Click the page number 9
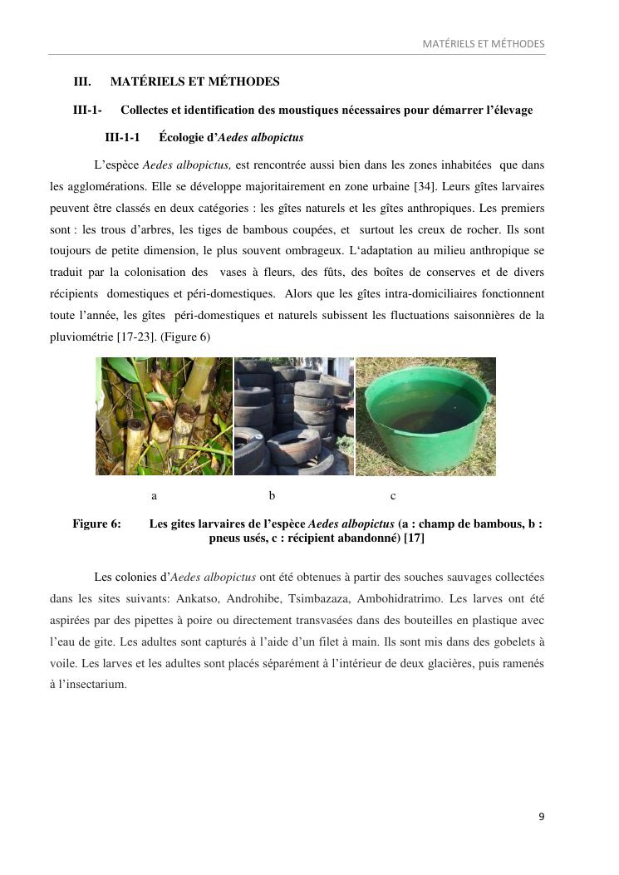click(542, 817)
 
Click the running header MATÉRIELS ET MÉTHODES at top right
click(484, 43)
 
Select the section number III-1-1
click(122, 137)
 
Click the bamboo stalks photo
click(164, 416)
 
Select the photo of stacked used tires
click(294, 416)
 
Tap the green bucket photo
click(425, 416)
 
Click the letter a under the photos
click(155, 496)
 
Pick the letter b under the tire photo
click(272, 496)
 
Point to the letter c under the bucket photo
click(393, 496)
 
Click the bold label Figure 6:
click(96, 524)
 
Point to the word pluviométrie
click(81, 337)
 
